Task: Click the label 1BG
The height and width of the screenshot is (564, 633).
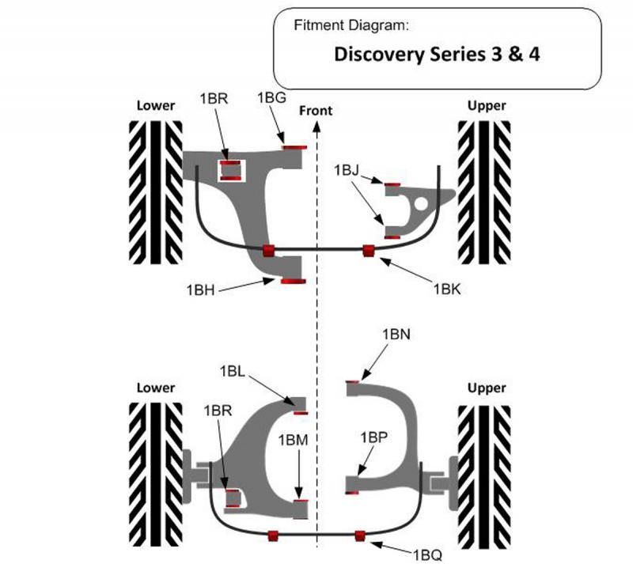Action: [x=271, y=97]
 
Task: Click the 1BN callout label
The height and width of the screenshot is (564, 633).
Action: [x=396, y=335]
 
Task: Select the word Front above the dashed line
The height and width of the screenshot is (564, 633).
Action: [x=316, y=111]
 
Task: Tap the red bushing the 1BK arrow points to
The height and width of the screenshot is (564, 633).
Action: [x=368, y=252]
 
